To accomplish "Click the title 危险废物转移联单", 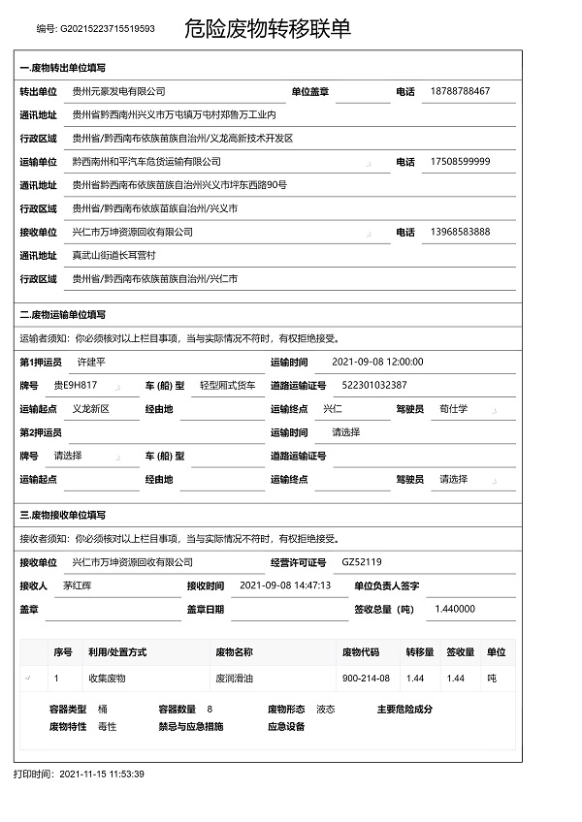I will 267,29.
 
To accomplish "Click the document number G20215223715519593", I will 108,29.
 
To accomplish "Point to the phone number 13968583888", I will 459,233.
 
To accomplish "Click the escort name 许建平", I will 90,362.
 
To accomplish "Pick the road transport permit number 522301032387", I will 374,385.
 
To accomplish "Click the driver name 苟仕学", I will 453,409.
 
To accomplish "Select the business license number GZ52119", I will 362,561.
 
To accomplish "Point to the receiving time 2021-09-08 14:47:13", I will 284,585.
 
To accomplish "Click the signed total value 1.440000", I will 455,609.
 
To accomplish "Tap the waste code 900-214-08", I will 366,679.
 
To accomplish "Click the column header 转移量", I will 419,652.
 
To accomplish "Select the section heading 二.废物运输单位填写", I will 63,315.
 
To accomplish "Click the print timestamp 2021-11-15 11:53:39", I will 102,775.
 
